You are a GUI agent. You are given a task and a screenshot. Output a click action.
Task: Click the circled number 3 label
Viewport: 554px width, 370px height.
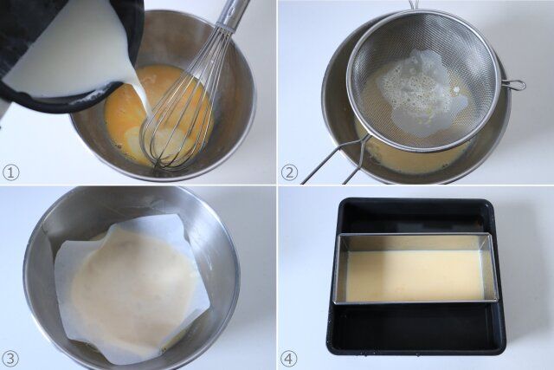point(10,357)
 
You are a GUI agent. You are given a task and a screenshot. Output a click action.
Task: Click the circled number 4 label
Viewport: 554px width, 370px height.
point(290,357)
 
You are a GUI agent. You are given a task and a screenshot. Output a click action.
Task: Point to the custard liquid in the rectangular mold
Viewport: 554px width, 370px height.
point(415,275)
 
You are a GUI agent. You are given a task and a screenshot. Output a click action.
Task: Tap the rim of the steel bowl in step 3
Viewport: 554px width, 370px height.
point(130,191)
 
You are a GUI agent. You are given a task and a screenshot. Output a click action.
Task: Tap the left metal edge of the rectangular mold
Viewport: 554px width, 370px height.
point(336,269)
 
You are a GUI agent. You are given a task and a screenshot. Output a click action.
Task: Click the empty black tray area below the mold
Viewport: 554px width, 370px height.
point(415,325)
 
